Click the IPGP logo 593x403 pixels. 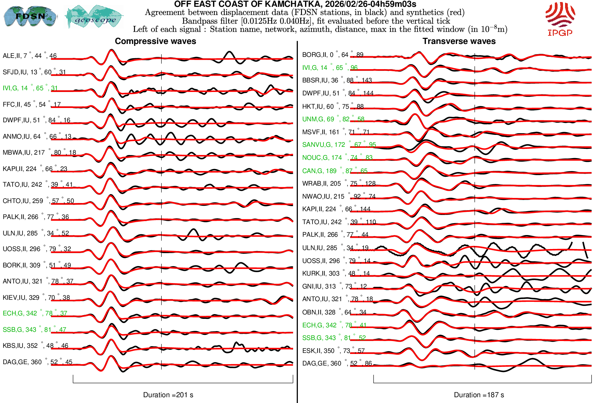[x=560, y=19]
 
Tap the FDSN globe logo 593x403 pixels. [x=30, y=16]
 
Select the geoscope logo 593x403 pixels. [x=95, y=17]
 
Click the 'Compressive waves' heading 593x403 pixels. [x=155, y=41]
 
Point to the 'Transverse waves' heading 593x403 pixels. [x=459, y=41]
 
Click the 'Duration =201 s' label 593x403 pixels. [x=168, y=395]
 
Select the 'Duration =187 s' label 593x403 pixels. [x=479, y=395]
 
